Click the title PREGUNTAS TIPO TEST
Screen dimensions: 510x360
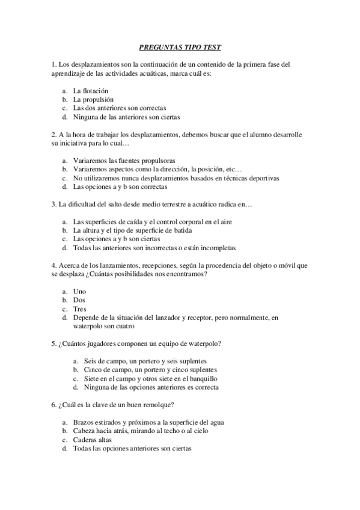(180, 46)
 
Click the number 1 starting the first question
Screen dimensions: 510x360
(53, 63)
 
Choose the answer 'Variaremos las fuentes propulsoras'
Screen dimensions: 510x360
(124, 161)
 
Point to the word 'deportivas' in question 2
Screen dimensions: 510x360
(264, 179)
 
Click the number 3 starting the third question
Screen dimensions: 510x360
(53, 204)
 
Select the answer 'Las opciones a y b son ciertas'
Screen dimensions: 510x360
(117, 239)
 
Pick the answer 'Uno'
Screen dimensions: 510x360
(79, 292)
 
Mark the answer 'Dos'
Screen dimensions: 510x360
(79, 300)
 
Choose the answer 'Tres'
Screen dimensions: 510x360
(79, 309)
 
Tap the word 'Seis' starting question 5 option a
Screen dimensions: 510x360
(91, 361)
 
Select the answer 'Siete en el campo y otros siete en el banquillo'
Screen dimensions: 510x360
(151, 379)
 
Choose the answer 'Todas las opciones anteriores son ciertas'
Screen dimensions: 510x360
(132, 449)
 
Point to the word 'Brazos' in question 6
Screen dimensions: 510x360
(83, 422)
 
